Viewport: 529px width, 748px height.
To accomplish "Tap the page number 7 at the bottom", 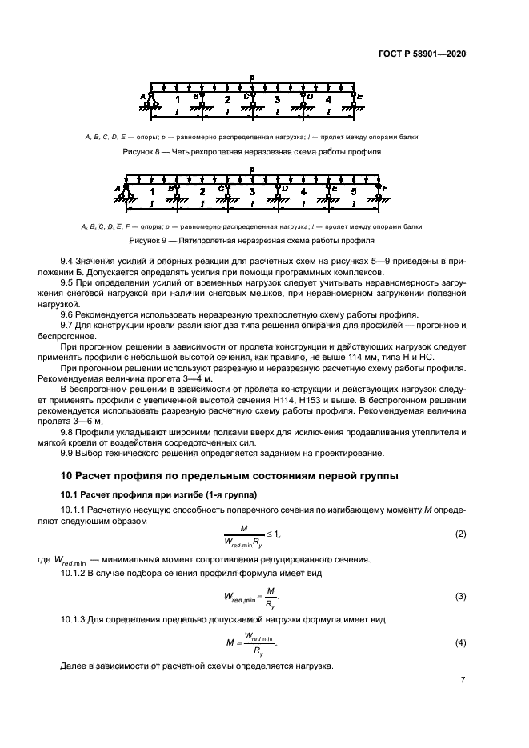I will [463, 680].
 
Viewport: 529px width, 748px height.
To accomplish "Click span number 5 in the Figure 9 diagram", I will [354, 192].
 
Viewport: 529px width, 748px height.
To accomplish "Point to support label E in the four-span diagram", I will [361, 97].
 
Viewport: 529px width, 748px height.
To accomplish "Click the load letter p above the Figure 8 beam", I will [251, 78].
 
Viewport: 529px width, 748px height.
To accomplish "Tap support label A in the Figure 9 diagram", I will [118, 189].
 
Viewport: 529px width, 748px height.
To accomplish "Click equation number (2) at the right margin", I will [460, 533].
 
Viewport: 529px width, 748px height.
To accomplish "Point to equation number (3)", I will [460, 596].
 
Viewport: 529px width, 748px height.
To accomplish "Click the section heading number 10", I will [68, 478].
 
